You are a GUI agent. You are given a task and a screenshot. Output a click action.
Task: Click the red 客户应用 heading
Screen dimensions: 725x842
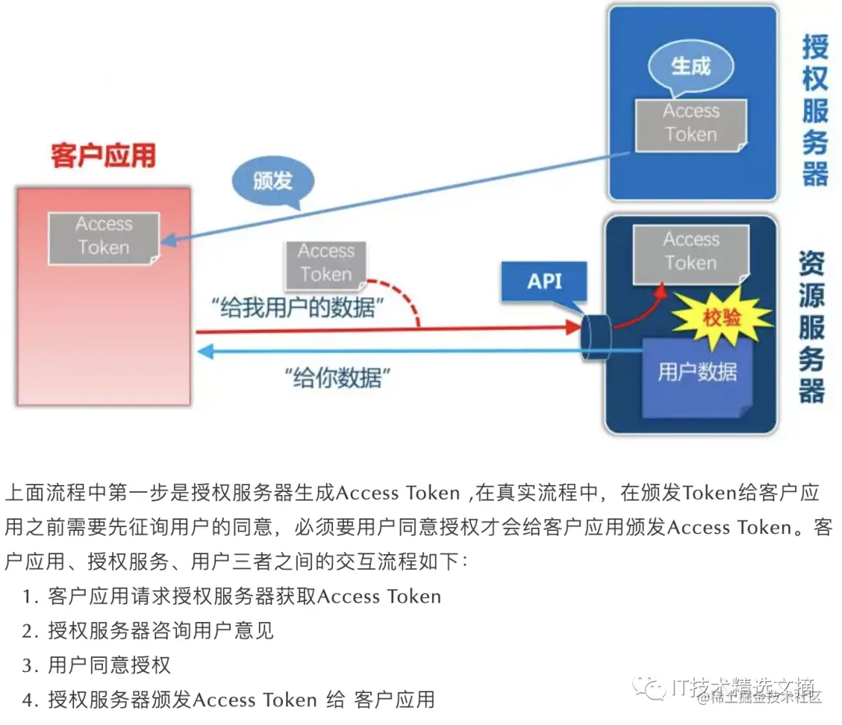103,155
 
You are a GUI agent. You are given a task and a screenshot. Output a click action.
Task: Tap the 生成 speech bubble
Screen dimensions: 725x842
691,67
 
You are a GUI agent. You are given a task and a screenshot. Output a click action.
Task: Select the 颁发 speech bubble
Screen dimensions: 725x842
273,182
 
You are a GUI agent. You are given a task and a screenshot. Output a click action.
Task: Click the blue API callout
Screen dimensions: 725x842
544,281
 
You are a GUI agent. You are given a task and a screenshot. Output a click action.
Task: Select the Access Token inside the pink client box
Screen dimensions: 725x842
104,237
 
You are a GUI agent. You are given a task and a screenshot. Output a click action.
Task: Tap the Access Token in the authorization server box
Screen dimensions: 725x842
691,124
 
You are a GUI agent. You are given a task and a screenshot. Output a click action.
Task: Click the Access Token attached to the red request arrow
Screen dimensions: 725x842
326,263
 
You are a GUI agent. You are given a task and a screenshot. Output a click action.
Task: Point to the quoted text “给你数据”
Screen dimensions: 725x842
338,379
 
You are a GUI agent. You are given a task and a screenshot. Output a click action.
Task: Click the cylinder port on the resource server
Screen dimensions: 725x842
596,338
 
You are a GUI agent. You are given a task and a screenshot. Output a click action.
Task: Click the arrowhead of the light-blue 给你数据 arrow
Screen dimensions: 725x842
204,352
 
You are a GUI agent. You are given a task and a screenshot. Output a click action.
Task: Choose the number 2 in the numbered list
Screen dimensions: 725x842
29,631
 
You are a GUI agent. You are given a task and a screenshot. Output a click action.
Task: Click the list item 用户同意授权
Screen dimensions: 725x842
108,665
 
